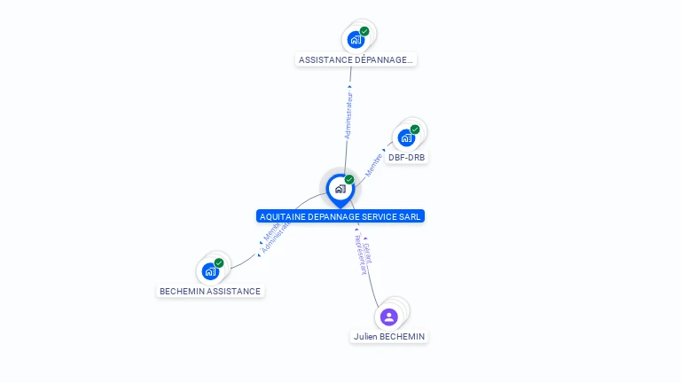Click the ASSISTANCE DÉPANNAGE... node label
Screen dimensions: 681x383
(356, 60)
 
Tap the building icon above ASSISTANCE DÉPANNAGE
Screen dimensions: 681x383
(356, 40)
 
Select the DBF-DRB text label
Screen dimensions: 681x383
(407, 158)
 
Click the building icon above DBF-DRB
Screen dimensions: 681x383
(406, 138)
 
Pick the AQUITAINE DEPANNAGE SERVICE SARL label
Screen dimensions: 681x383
(340, 216)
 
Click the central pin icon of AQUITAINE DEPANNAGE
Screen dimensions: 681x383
(340, 189)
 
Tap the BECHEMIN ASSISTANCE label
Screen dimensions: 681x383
(210, 291)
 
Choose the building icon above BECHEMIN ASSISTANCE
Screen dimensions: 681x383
(209, 271)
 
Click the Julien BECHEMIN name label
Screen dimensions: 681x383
(389, 337)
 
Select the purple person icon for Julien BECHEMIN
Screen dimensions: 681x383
(388, 317)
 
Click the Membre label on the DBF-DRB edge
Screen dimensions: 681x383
(373, 163)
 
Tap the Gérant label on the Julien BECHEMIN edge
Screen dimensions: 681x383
(367, 252)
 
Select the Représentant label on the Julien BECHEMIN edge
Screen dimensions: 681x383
(359, 255)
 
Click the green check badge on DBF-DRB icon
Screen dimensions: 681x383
(415, 129)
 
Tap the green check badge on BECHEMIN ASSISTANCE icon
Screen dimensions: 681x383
(218, 262)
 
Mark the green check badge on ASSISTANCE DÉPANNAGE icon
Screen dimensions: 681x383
(364, 31)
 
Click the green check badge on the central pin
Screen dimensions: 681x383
(349, 180)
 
